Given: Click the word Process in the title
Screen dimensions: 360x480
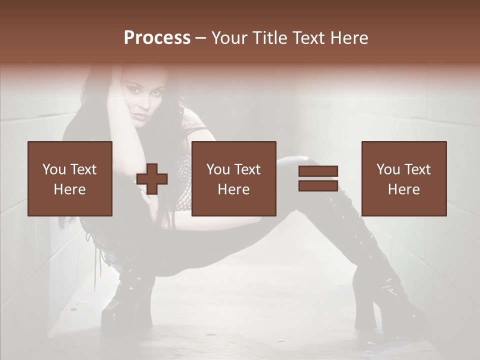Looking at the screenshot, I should coord(157,38).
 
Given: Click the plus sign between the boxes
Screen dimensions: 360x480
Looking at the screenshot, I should coord(152,179).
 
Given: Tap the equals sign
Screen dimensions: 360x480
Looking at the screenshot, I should coord(318,178).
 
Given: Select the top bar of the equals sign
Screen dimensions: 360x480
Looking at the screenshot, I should coord(318,171).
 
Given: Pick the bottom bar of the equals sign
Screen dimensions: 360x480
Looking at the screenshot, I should coord(318,185).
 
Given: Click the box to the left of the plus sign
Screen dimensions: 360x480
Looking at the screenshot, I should coord(70,178).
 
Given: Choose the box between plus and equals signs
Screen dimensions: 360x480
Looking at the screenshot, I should coord(234,178).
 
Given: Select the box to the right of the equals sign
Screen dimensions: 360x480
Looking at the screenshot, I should coord(404,178).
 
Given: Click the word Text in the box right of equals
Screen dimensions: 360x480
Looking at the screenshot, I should coord(417,169).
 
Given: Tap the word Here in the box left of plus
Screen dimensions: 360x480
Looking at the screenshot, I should coord(70,189).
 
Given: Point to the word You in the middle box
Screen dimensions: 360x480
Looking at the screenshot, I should coord(218,169).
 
